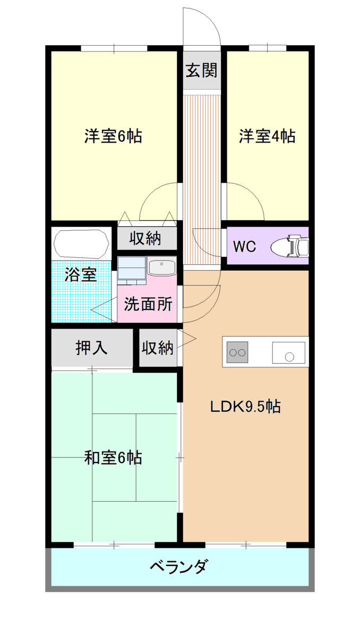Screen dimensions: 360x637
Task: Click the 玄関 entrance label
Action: [201, 70]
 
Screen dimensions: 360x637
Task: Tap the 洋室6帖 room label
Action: [113, 136]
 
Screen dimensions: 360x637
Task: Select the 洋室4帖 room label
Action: [267, 136]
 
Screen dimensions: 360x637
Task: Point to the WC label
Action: [245, 246]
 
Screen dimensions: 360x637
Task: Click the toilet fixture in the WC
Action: [289, 246]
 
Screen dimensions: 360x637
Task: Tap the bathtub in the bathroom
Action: [81, 244]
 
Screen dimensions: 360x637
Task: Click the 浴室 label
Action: [81, 274]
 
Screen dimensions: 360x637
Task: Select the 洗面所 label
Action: [148, 304]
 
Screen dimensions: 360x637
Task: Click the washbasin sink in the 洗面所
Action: [161, 266]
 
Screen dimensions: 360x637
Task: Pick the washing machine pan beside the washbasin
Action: [132, 270]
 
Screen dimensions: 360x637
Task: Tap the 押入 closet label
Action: [91, 348]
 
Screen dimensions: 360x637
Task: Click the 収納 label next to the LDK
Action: [158, 348]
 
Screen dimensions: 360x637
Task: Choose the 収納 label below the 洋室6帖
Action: [145, 238]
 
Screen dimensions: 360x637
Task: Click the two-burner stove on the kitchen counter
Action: [237, 352]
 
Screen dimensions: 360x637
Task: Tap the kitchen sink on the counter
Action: [289, 352]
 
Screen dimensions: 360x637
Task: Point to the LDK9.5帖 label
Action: [245, 407]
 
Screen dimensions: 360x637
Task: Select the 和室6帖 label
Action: [113, 458]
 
